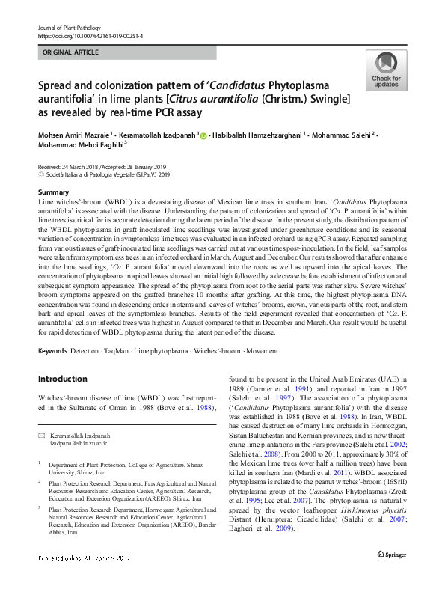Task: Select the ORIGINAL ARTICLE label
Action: (x=71, y=53)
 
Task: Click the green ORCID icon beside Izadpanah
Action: (x=203, y=135)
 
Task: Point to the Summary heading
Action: (x=53, y=193)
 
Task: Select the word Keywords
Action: (x=53, y=350)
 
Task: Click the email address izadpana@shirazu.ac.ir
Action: (x=79, y=443)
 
